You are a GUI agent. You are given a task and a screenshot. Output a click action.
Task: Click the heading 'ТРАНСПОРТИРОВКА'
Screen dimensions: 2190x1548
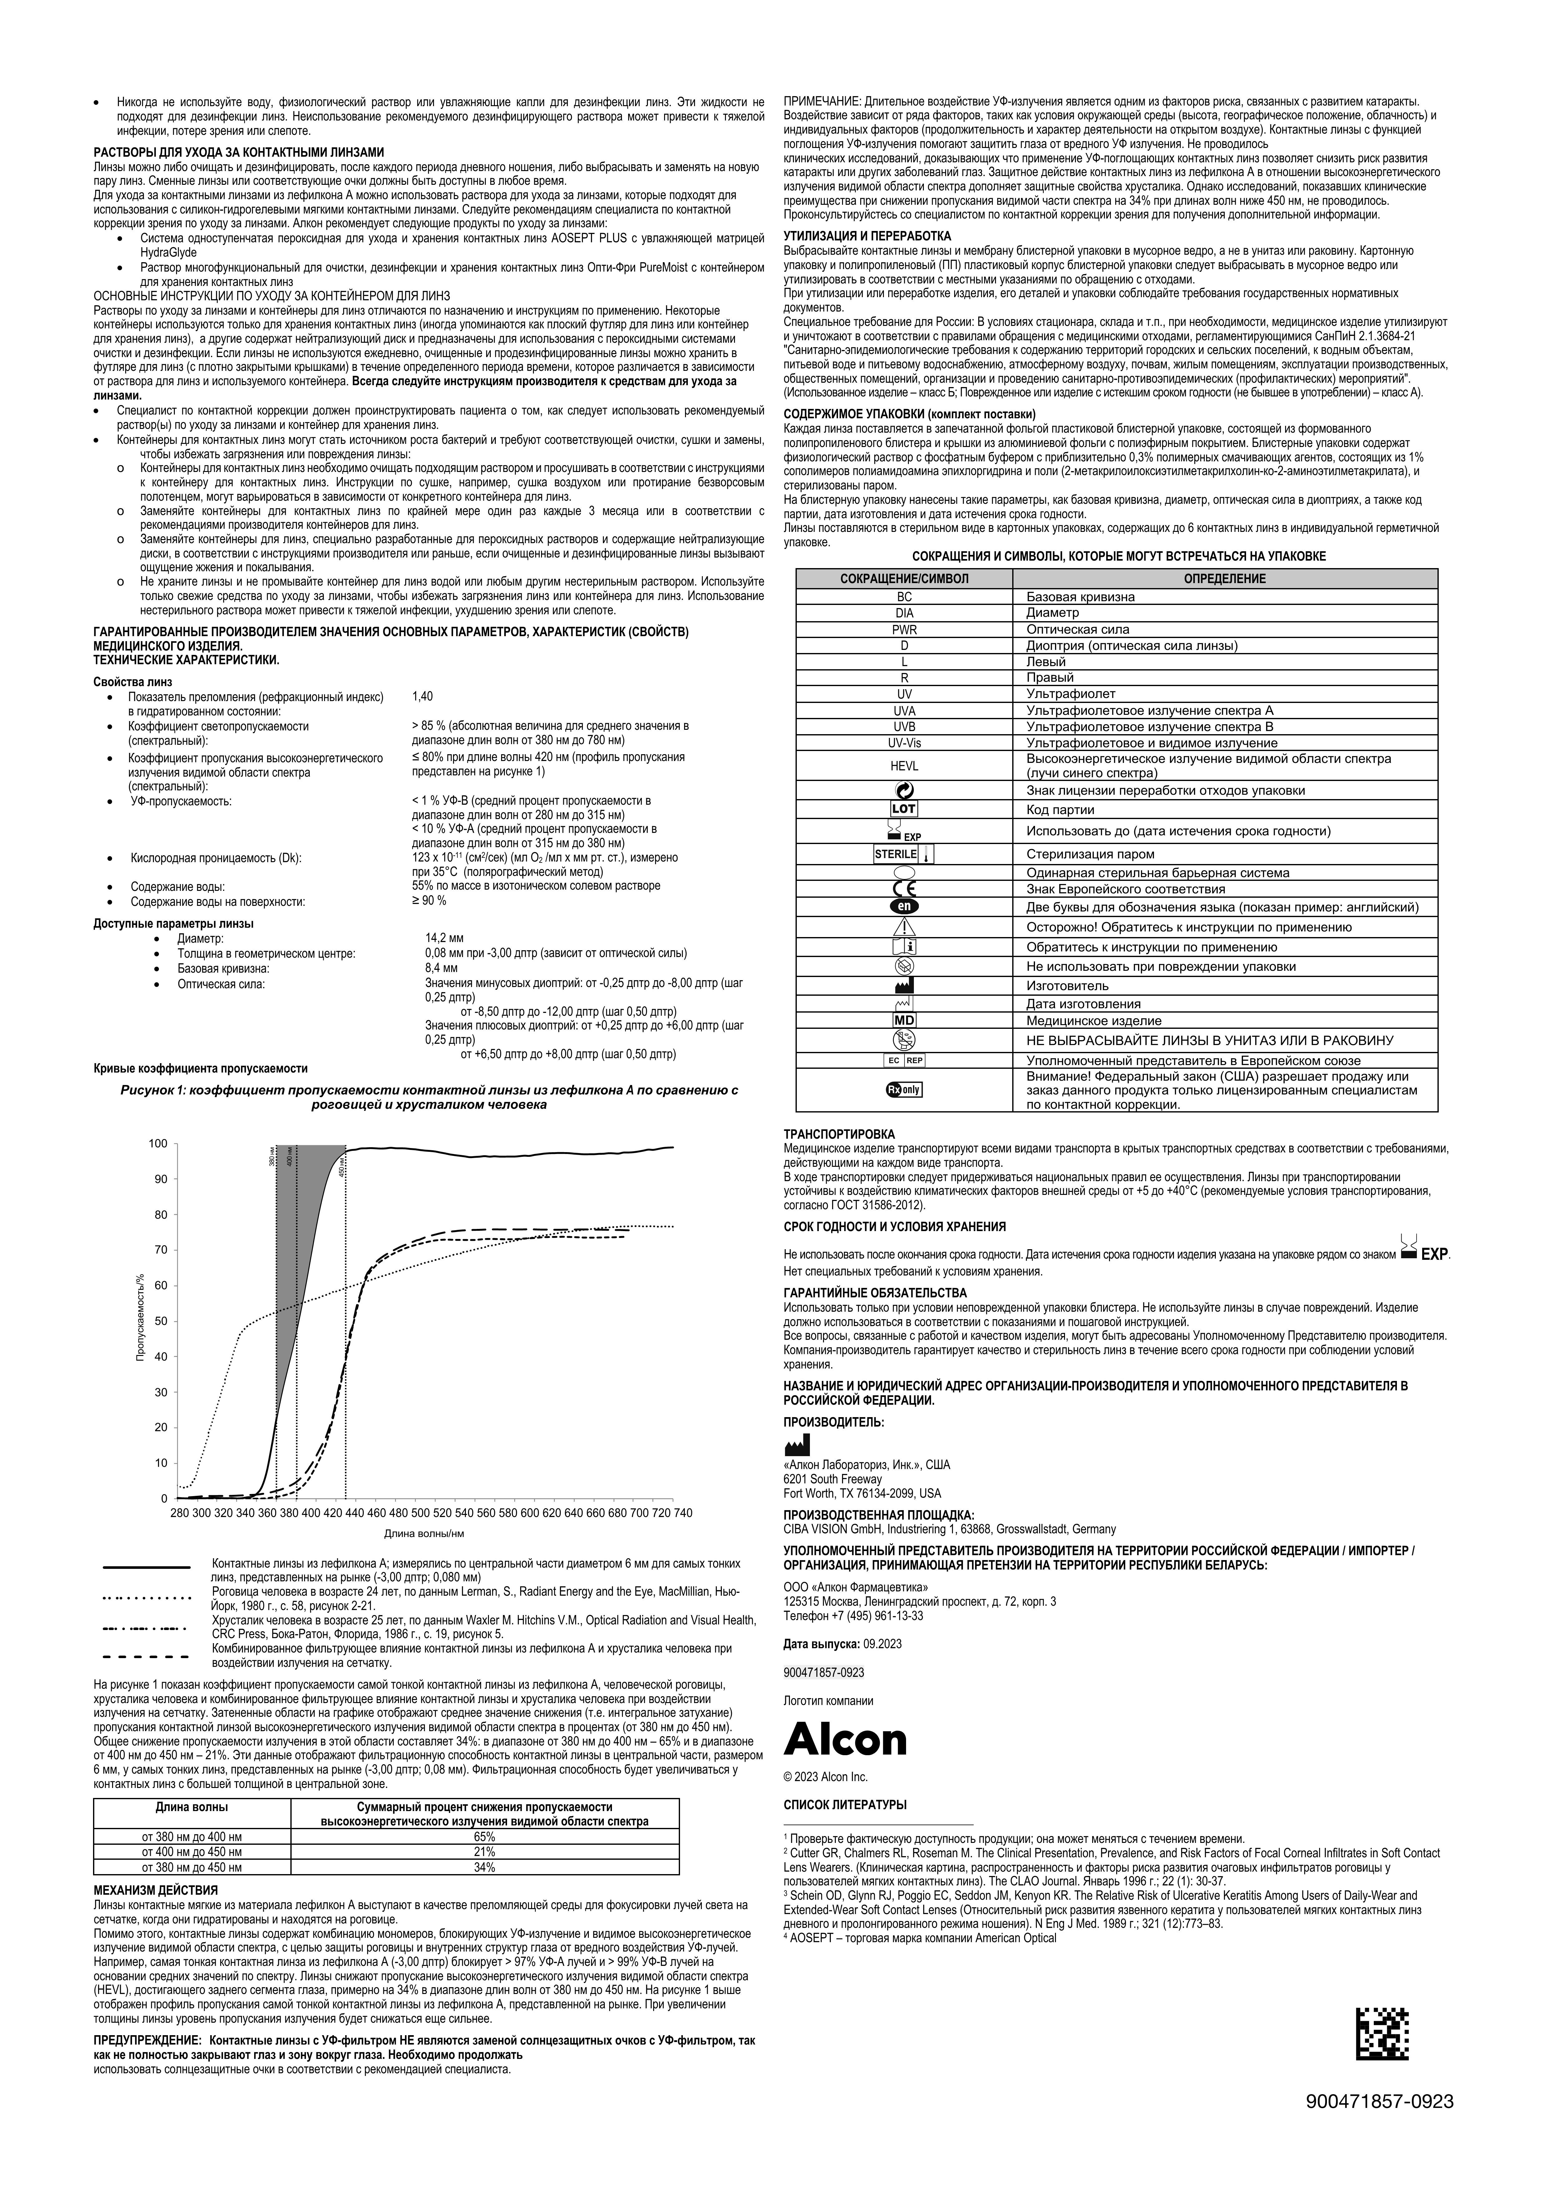pos(839,1134)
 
